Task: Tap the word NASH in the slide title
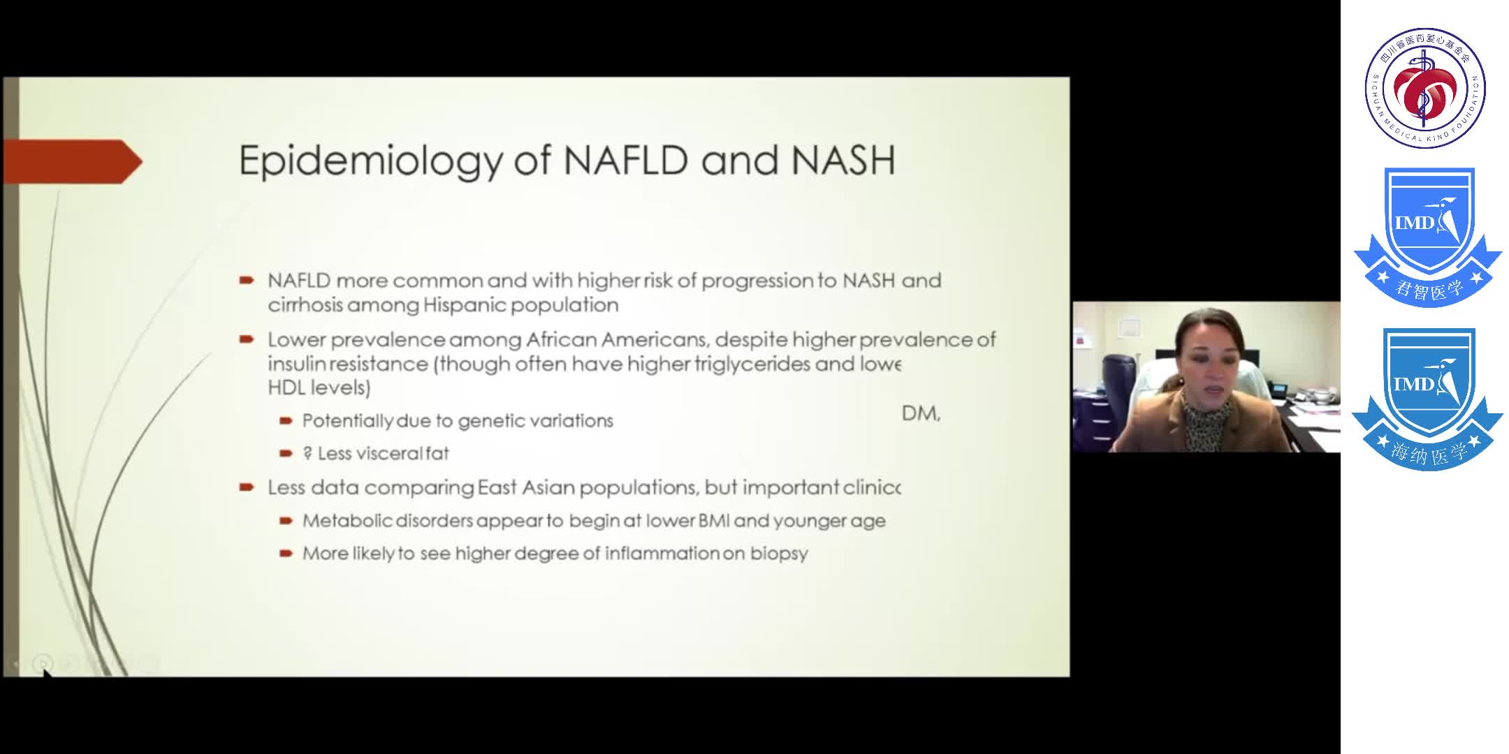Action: pyautogui.click(x=843, y=160)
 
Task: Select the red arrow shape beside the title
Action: pyautogui.click(x=73, y=161)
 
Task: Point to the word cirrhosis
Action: pyautogui.click(x=305, y=305)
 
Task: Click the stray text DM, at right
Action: pyautogui.click(x=921, y=413)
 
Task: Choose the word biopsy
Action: pyautogui.click(x=779, y=554)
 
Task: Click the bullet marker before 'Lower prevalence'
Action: pyautogui.click(x=246, y=340)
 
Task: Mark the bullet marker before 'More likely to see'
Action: pyautogui.click(x=285, y=554)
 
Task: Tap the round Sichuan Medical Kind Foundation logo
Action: pyautogui.click(x=1425, y=88)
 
